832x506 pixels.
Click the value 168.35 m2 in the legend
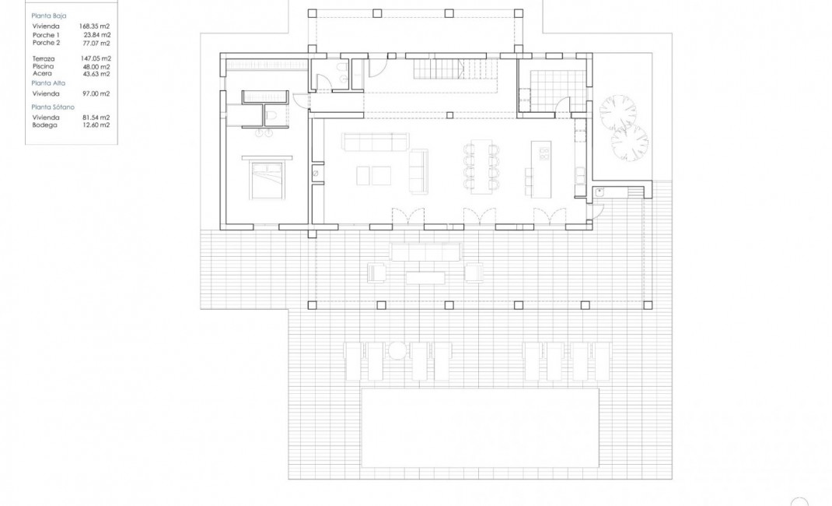95,26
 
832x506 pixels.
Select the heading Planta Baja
48,16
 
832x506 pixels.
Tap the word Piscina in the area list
43,67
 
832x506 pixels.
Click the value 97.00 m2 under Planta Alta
95,93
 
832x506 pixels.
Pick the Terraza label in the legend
44,58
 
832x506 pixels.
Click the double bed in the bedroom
270,179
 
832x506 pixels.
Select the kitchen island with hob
541,160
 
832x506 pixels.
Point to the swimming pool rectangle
480,427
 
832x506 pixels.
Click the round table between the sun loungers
397,350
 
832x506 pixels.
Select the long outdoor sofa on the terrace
425,251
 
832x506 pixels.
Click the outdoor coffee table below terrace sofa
425,278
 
